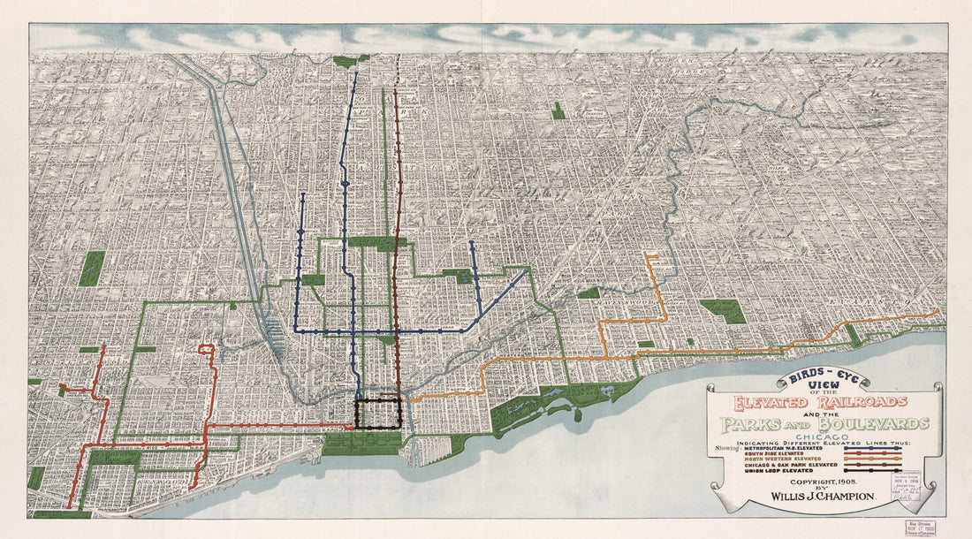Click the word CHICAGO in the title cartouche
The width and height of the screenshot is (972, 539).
824,435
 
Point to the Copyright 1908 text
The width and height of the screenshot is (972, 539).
824,475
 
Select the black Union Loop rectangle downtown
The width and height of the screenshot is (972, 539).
378,413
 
